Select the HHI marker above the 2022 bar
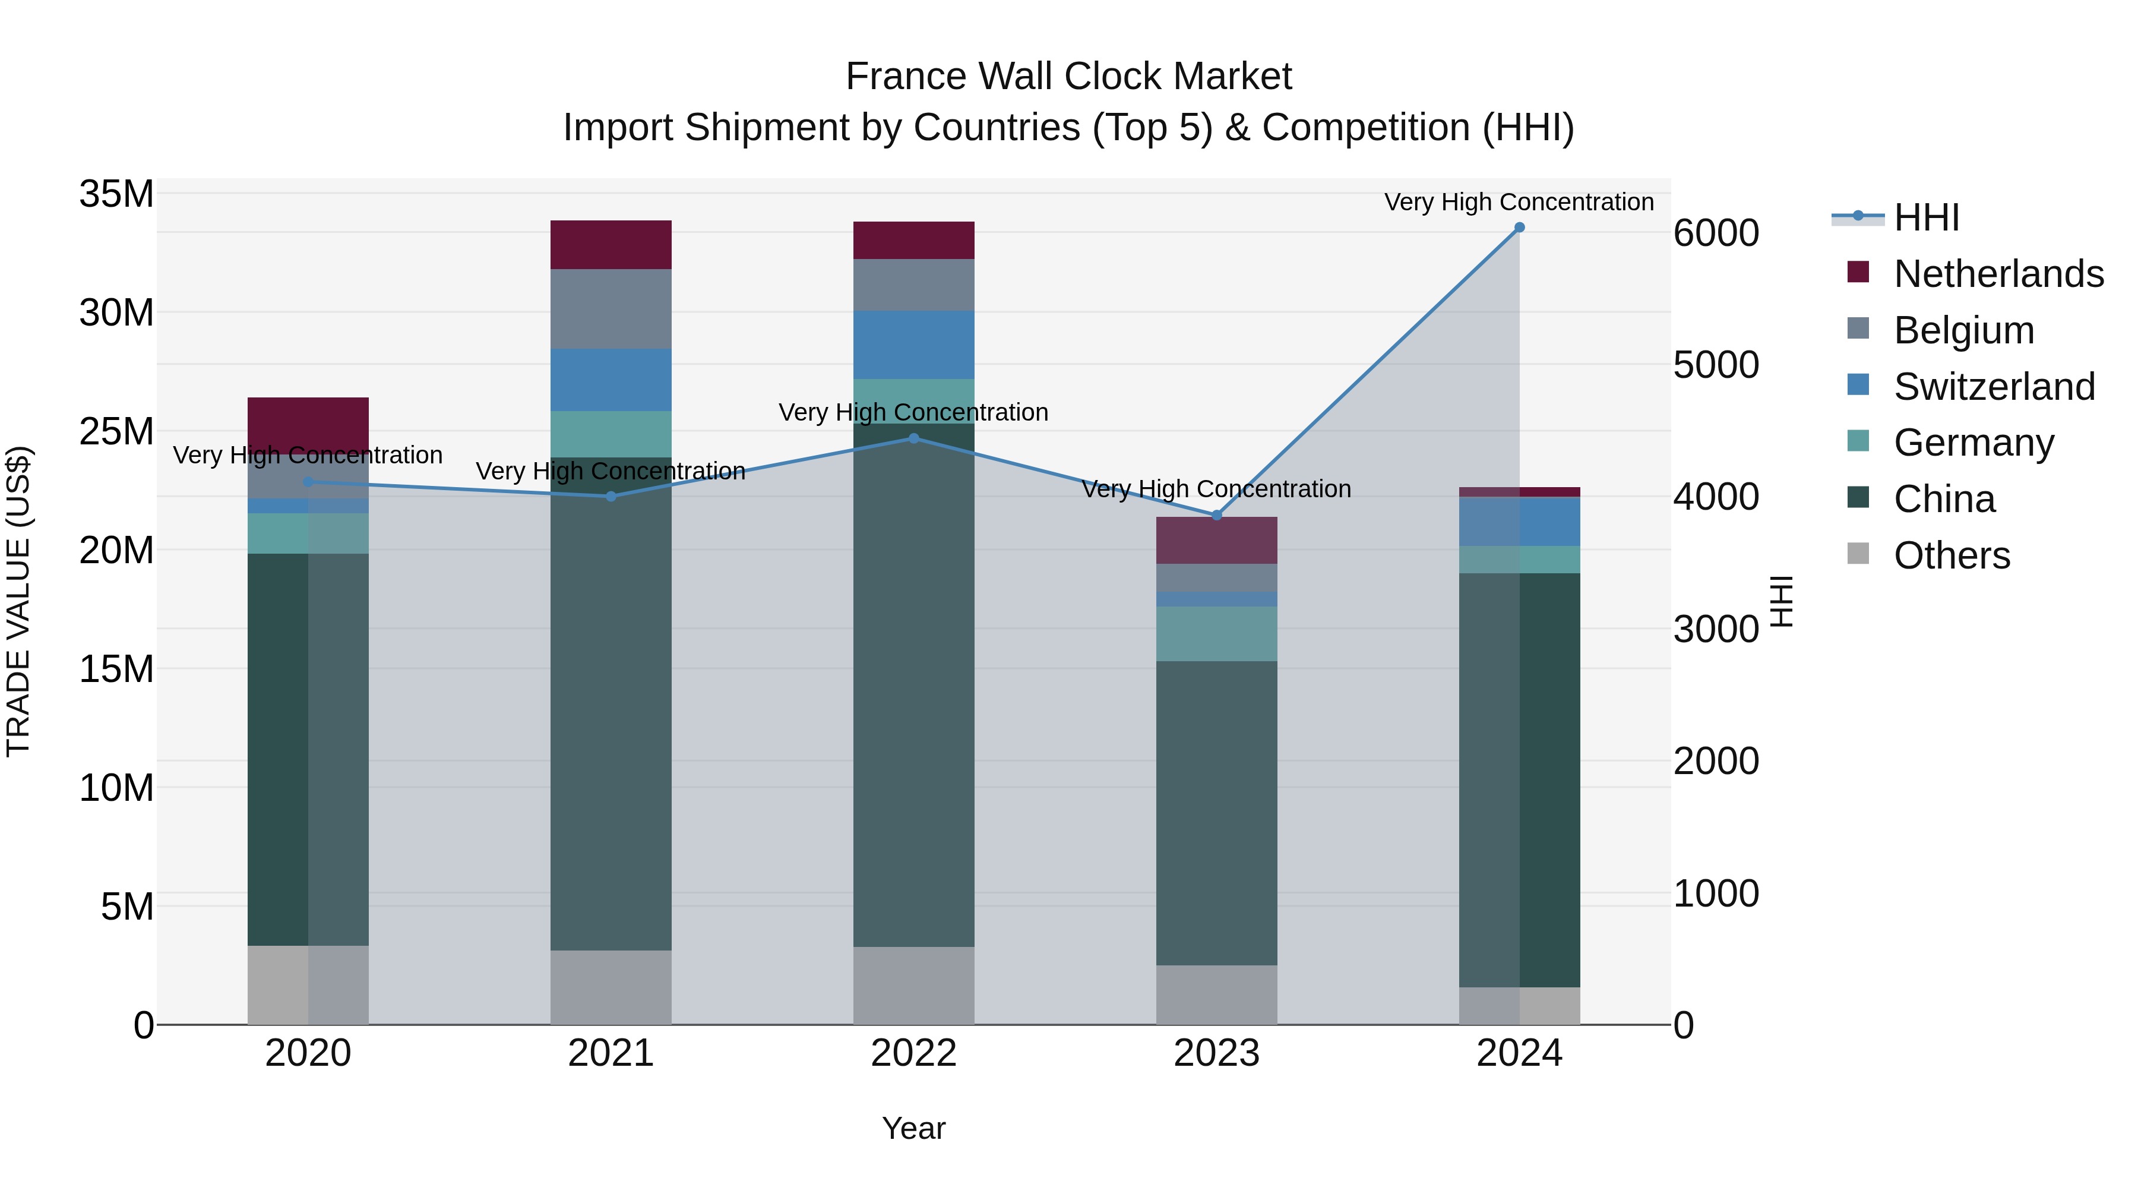[914, 438]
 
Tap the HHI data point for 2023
[1217, 516]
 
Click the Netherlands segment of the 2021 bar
[611, 245]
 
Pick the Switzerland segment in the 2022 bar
[914, 345]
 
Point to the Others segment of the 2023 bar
[1217, 994]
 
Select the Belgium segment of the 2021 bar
[611, 309]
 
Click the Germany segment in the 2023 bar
[1217, 633]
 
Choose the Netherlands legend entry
[1998, 274]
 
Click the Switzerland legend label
[1994, 387]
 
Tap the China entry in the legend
[1944, 499]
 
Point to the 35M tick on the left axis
[116, 194]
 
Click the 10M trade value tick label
[116, 788]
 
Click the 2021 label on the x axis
[611, 1053]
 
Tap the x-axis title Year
[914, 1128]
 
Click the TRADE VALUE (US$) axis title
[19, 601]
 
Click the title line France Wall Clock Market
[1068, 77]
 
